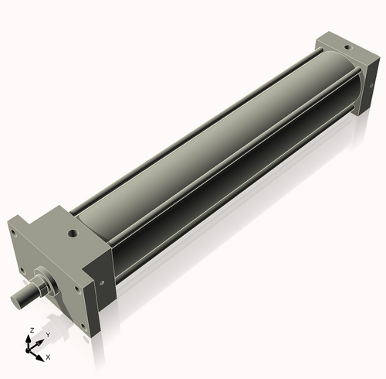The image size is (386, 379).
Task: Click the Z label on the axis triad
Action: point(31,330)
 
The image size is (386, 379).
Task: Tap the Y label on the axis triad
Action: point(47,335)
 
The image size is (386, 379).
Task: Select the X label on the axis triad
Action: point(48,357)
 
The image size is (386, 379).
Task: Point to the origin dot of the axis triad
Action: point(32,350)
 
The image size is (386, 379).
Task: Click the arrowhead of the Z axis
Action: point(32,337)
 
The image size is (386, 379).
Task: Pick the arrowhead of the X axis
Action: point(42,355)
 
